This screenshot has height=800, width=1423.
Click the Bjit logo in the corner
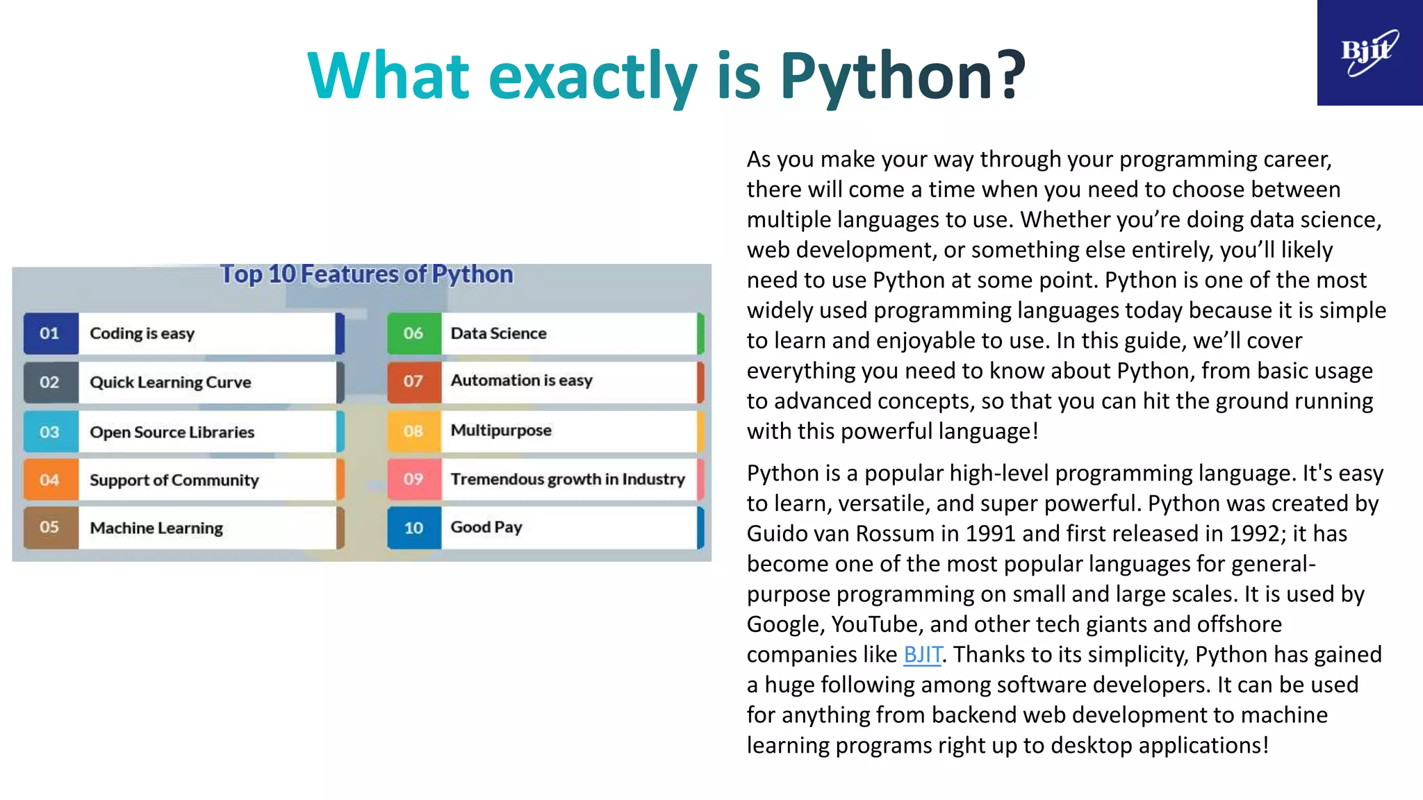(1369, 53)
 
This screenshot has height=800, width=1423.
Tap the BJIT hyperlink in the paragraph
(922, 654)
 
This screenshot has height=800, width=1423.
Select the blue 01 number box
(50, 333)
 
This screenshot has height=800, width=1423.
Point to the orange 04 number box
(50, 480)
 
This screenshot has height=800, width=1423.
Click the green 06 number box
(413, 333)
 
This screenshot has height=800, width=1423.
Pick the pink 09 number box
(413, 479)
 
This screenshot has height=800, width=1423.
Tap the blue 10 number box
(413, 528)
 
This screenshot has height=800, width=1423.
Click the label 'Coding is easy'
(142, 333)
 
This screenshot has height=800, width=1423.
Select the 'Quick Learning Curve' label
(170, 382)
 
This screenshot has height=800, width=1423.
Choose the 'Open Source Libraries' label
(172, 432)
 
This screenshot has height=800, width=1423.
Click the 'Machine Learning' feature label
(156, 528)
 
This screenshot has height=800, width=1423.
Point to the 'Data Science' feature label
(498, 333)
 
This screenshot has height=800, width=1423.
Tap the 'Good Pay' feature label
(486, 527)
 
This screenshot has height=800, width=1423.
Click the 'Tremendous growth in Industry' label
(568, 479)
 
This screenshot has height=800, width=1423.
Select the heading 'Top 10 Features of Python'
(366, 274)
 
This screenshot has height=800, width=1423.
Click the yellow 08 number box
(413, 431)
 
